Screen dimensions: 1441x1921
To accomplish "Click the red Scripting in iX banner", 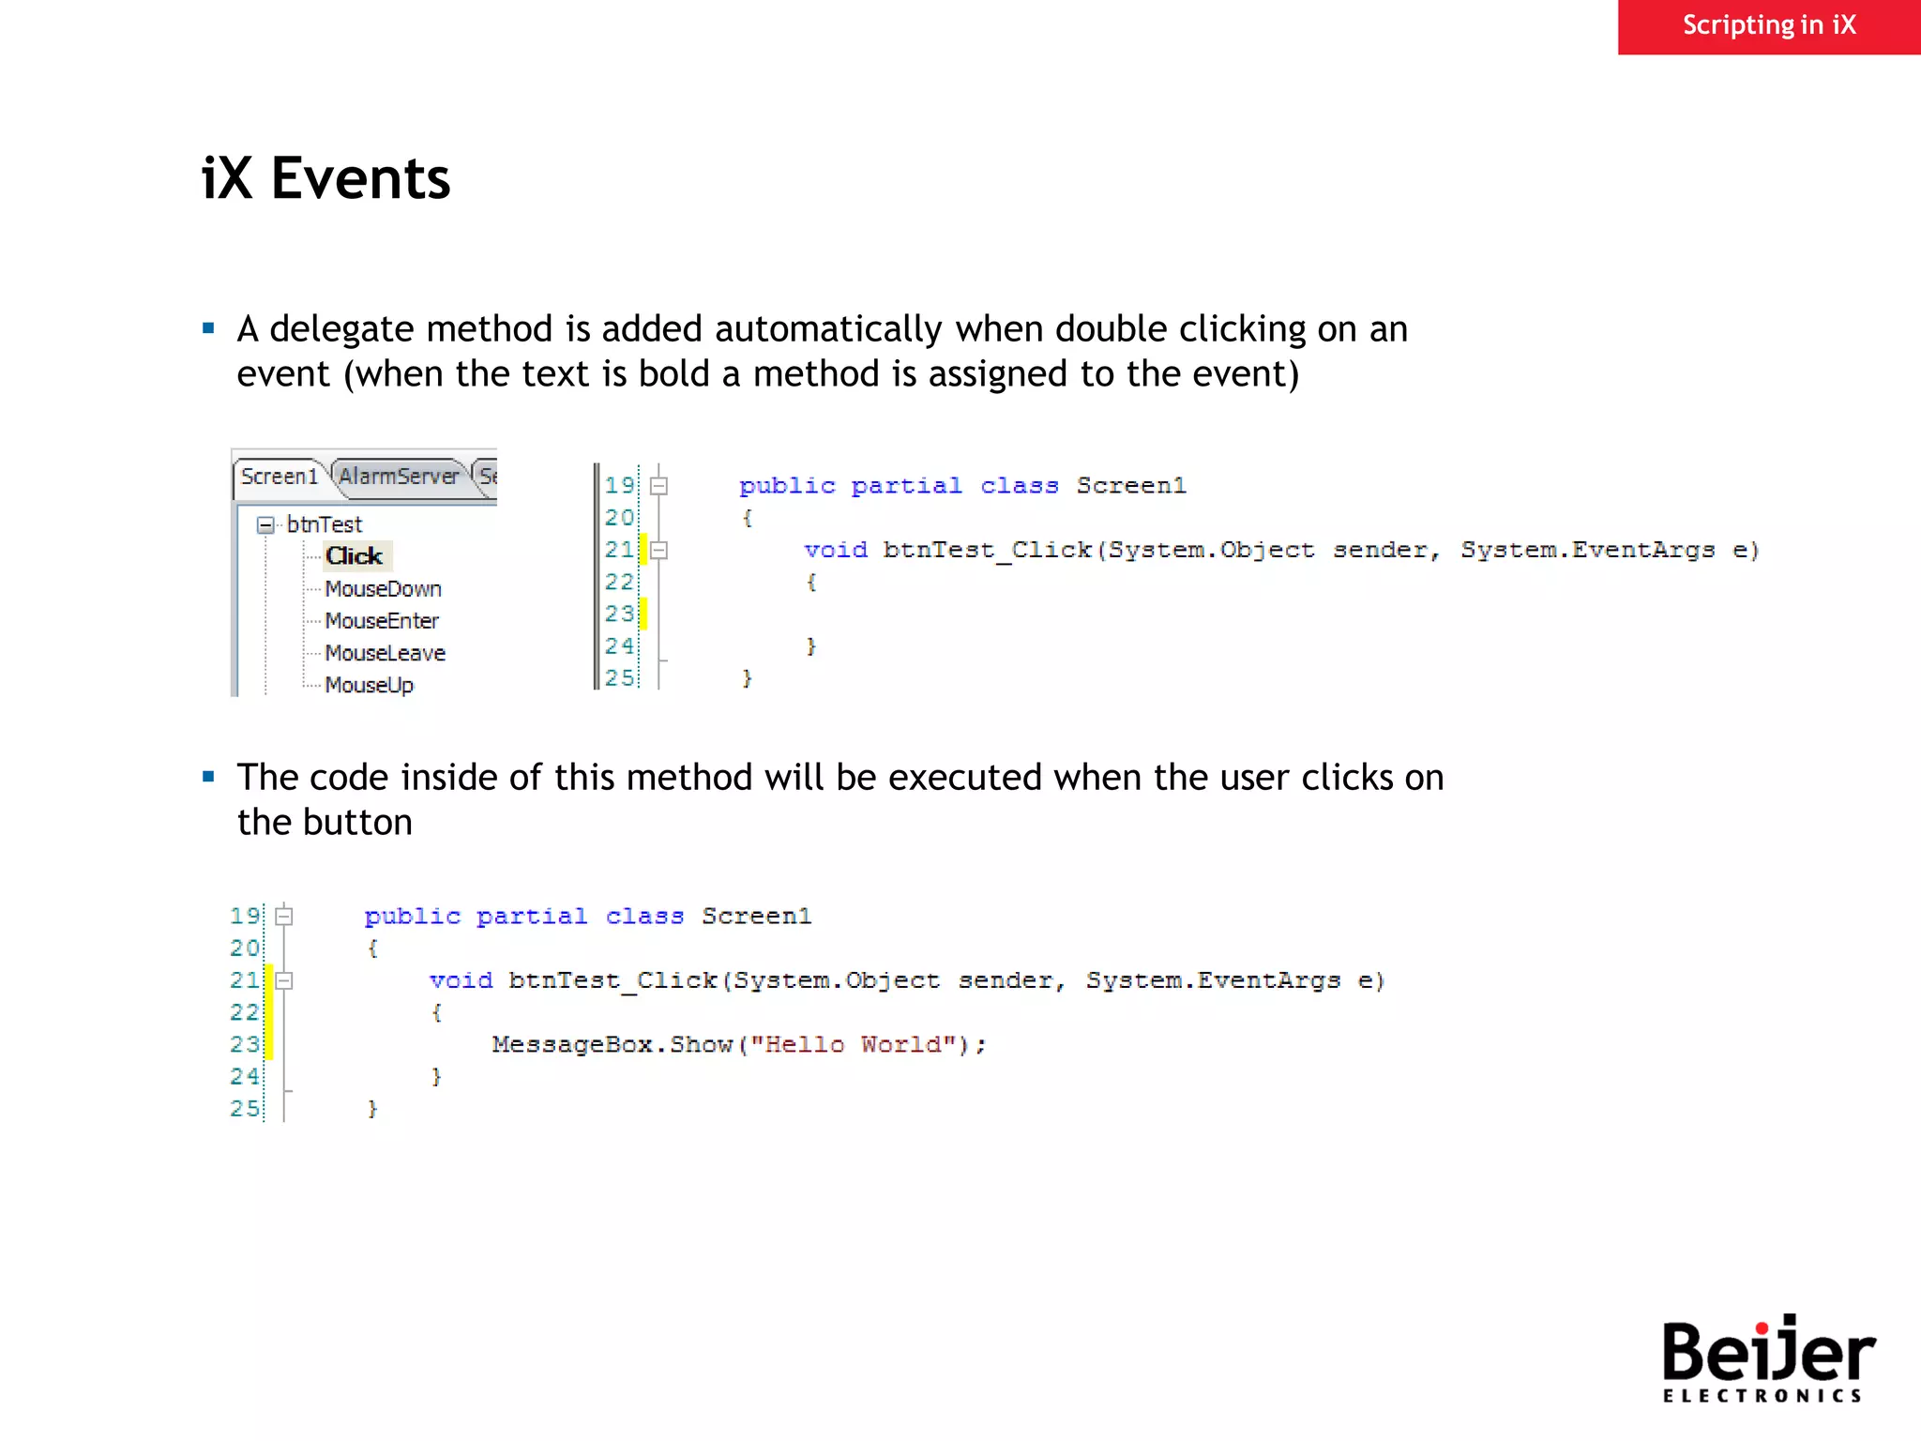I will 1768,26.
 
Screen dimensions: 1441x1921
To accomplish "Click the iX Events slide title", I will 325,178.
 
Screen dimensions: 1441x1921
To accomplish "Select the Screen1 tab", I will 279,477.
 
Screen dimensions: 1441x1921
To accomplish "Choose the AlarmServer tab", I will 399,477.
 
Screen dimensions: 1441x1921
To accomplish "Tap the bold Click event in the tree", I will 355,556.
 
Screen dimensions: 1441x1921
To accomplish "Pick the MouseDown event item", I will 383,589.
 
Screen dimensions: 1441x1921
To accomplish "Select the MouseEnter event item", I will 382,621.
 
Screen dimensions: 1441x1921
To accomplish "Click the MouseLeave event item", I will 385,653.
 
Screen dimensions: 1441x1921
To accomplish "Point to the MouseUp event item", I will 369,685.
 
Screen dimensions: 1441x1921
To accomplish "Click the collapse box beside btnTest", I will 266,524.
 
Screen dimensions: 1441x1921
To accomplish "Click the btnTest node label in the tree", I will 325,524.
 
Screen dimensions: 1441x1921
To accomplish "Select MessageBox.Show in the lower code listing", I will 612,1044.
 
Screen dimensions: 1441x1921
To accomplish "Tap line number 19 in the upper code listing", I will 619,485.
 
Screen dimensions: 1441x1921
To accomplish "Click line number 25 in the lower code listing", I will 245,1109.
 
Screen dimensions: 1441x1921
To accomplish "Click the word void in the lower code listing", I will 461,980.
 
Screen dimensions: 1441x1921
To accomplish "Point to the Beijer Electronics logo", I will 1767,1358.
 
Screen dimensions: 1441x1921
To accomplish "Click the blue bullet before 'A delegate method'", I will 208,328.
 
